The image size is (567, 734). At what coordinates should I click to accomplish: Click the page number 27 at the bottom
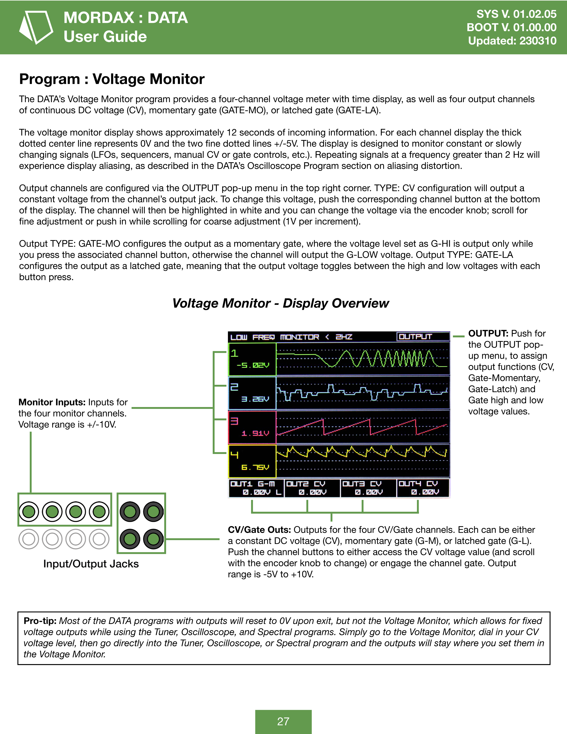click(x=283, y=721)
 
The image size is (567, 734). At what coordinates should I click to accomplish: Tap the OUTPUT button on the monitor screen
click(x=416, y=336)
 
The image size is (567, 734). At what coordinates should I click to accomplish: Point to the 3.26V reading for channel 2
click(x=255, y=399)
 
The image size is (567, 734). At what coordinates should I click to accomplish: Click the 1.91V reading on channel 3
click(x=255, y=433)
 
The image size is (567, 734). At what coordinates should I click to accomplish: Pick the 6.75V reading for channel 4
click(x=255, y=468)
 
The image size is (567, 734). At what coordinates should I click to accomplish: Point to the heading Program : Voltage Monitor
click(x=112, y=79)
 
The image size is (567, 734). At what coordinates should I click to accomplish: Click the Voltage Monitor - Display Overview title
click(x=280, y=303)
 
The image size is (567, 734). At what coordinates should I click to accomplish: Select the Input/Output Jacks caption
click(x=91, y=564)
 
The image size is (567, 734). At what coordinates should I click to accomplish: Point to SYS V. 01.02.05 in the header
click(x=516, y=14)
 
